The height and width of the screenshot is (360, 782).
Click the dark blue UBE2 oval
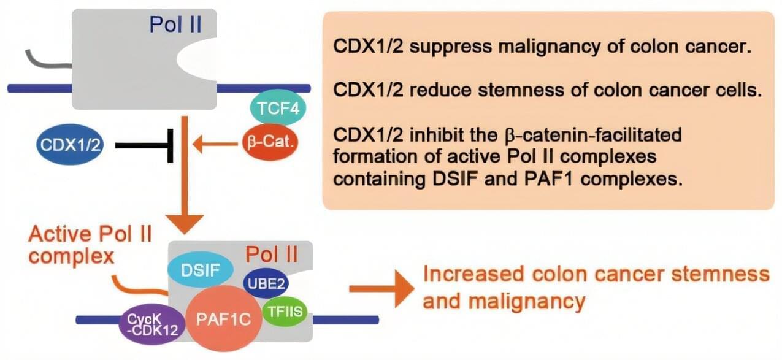[265, 282]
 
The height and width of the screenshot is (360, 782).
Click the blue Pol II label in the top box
[175, 25]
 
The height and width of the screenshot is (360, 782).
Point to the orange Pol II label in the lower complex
[272, 253]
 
